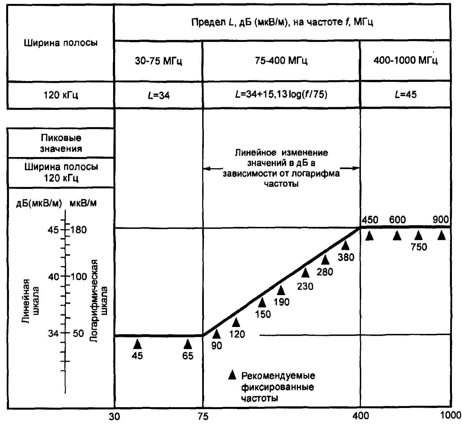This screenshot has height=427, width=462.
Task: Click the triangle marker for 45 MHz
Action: tap(137, 344)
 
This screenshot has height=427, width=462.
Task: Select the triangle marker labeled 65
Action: tap(188, 344)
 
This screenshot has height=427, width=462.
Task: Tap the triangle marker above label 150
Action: tap(262, 302)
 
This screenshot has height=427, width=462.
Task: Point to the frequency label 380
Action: tap(346, 257)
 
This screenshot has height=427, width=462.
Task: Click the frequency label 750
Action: tap(419, 247)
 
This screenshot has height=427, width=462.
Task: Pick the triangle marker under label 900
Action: tap(442, 235)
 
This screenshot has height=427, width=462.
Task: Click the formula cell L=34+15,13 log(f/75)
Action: tap(281, 95)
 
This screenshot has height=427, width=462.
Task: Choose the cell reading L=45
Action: tap(405, 95)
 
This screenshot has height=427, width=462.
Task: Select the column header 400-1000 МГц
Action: tap(405, 61)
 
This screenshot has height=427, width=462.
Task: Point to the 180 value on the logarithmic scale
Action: tap(79, 230)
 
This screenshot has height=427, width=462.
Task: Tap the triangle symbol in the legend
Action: tap(232, 375)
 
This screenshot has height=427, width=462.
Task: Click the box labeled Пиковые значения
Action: tap(61, 143)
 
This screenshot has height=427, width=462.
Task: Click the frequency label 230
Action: tap(305, 286)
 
